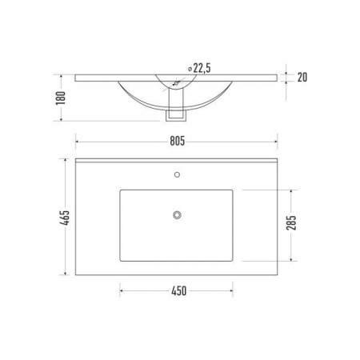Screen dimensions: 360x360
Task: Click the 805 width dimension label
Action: pos(178,141)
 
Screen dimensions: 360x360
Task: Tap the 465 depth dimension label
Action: pos(65,218)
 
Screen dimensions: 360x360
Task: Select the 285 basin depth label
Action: pos(291,222)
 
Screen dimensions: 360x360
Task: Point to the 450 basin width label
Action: pos(179,291)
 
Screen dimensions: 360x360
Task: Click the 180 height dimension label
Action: pos(61,98)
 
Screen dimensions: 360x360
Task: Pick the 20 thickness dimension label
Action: pos(302,78)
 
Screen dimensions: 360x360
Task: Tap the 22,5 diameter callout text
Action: pos(202,68)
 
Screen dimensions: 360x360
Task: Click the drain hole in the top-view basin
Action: pos(177,214)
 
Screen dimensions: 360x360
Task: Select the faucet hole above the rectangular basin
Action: pos(177,174)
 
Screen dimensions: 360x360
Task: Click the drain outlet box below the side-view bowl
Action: pos(176,116)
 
